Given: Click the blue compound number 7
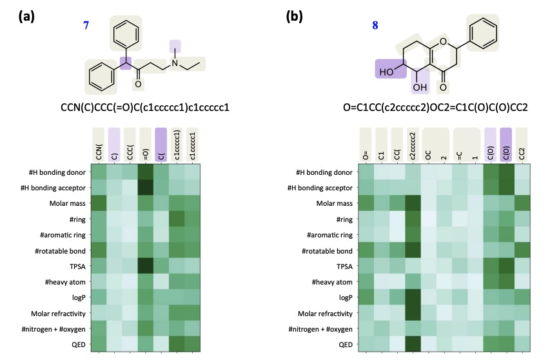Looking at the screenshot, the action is (x=86, y=25).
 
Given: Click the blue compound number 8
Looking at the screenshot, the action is (x=375, y=25).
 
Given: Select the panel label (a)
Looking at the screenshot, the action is (x=26, y=16).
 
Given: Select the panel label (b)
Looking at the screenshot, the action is (x=294, y=16).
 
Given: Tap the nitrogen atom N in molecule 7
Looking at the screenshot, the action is (x=175, y=63).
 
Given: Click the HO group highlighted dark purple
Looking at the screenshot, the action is (x=386, y=72).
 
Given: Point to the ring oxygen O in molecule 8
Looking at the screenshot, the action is (x=443, y=42).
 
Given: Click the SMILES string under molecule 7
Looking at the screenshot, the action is (x=145, y=107).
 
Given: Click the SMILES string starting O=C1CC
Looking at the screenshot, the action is (x=435, y=107).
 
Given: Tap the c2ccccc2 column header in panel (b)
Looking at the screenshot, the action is (x=413, y=146).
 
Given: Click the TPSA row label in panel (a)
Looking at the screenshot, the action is (x=77, y=266).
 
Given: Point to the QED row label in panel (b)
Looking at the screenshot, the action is (x=346, y=345).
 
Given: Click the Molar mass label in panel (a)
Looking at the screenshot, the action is (x=68, y=203).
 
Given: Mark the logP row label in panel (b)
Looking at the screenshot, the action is (x=346, y=297).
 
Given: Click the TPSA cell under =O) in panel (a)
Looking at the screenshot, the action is (x=146, y=266).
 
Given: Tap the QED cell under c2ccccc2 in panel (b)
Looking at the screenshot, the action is (x=413, y=345).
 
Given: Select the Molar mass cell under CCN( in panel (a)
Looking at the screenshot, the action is (x=99, y=203).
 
